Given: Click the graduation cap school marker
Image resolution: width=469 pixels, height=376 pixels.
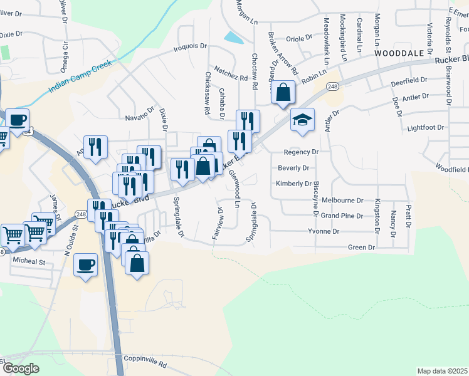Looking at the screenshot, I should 302,120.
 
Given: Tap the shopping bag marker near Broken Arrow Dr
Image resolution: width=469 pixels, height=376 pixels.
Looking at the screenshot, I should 283,92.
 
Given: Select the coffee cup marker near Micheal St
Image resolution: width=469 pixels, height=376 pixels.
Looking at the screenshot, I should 85,264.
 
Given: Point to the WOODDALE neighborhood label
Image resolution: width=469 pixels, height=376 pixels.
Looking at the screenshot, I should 400,54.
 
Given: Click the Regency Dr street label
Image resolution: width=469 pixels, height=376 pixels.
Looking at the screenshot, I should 301,152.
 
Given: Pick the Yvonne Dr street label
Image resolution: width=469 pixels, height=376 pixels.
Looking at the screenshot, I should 324,231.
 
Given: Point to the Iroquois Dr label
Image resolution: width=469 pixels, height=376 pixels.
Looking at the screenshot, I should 191,46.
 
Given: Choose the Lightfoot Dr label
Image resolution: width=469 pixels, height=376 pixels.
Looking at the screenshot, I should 425,127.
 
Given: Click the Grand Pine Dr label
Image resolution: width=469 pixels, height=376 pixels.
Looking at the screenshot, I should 342,216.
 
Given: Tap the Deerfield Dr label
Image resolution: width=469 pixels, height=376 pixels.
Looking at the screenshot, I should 408,81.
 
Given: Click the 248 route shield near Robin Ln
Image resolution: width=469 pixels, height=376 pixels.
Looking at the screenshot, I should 332,86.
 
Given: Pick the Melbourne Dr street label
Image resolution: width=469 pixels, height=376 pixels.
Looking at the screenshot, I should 342,200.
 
